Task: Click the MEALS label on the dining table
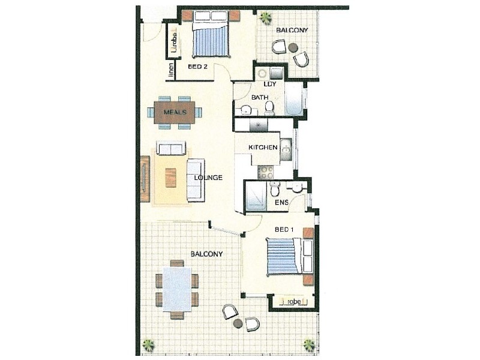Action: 175,112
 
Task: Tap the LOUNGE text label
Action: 208,178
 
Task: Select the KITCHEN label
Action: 263,148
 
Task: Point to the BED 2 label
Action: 197,67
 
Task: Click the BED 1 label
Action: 284,230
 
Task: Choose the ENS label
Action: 281,203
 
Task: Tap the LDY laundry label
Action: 270,84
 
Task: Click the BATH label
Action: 260,97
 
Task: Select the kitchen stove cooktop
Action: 265,172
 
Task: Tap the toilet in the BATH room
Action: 269,108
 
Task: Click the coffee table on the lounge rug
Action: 171,178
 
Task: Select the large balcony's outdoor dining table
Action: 177,289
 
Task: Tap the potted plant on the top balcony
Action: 265,18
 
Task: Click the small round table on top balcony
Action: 293,47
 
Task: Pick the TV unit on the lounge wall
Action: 145,179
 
